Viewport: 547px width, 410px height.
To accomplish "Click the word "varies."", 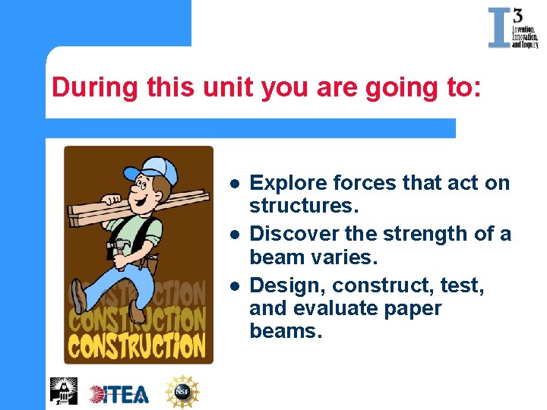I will pyautogui.click(x=345, y=257).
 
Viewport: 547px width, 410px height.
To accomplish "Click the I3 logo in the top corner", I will pyautogui.click(x=512, y=28).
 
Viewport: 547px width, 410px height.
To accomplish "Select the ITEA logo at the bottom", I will pyautogui.click(x=119, y=393).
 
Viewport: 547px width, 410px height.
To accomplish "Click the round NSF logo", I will pyautogui.click(x=182, y=392).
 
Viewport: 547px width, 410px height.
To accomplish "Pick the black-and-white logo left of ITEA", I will pyautogui.click(x=64, y=390).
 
